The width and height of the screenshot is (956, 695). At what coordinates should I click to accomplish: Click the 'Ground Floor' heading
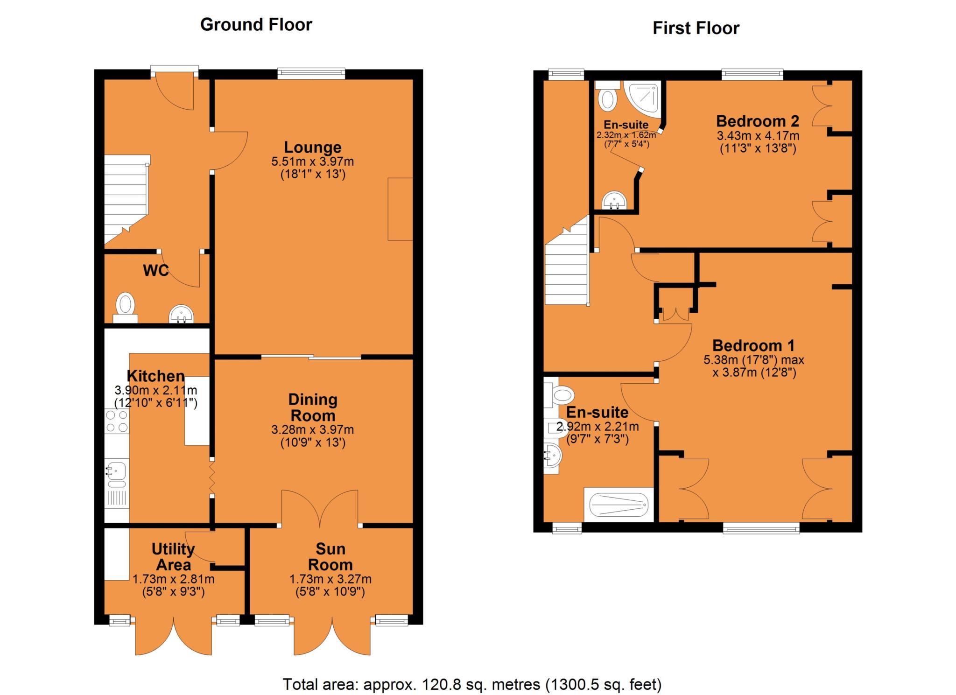(256, 25)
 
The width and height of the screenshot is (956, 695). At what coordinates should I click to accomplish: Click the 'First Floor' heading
(696, 28)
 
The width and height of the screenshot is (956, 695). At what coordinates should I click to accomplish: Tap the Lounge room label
(313, 147)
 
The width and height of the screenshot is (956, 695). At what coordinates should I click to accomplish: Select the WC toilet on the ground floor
(125, 308)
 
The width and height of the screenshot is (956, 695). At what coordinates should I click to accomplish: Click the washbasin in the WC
(181, 314)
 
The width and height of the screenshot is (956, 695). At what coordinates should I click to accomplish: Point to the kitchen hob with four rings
(117, 421)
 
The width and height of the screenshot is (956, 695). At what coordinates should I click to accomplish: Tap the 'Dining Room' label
(313, 407)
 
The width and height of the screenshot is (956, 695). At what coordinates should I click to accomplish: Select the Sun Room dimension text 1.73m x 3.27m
(330, 579)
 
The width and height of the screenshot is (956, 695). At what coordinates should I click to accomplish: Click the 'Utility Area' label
(173, 557)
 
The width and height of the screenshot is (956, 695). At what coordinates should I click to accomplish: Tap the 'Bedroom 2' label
(758, 121)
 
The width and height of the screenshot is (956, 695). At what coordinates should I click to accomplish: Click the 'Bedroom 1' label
(753, 346)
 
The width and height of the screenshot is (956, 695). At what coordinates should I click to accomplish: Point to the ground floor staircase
(126, 200)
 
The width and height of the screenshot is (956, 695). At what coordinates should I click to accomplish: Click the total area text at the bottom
(472, 684)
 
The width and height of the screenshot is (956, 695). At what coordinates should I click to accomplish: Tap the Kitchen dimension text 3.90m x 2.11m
(156, 390)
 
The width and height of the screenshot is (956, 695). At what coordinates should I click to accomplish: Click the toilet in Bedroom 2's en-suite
(607, 96)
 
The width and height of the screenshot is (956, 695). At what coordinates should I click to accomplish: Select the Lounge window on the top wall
(311, 73)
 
